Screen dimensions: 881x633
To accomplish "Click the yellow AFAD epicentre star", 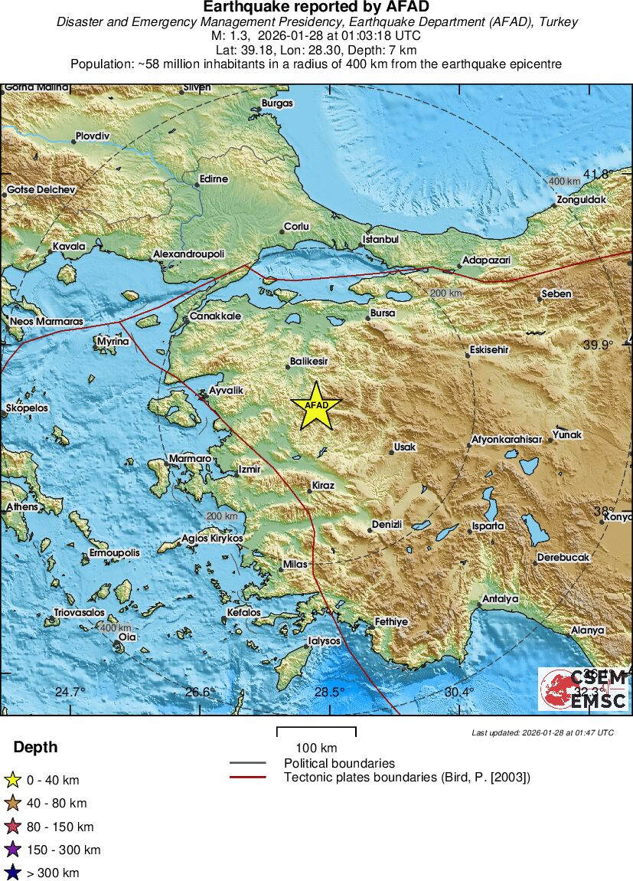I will (x=315, y=406).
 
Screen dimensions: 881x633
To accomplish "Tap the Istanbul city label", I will (x=381, y=239).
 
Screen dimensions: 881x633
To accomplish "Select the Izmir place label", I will (x=250, y=469).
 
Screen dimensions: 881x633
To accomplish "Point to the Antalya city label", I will (x=501, y=598).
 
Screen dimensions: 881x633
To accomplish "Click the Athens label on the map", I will (x=21, y=507).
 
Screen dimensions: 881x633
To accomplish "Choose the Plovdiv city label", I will (x=92, y=136).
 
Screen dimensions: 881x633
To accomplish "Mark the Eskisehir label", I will (x=489, y=350).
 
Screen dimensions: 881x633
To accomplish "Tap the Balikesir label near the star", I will (x=309, y=361).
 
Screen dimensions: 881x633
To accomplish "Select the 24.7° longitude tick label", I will (x=70, y=693).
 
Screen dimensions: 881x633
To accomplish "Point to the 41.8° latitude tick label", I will (x=595, y=175).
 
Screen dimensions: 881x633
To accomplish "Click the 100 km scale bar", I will (x=316, y=732).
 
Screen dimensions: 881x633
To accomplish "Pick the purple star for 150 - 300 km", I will (x=12, y=850).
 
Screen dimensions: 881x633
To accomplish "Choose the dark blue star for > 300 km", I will (x=12, y=873).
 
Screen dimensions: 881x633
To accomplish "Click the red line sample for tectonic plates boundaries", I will (x=247, y=777).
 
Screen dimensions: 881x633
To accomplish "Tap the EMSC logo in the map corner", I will (x=583, y=689).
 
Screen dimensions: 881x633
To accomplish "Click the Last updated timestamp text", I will (x=542, y=733).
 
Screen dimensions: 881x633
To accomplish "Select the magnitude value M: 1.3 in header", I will (x=229, y=36).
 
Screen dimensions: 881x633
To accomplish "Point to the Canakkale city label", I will (x=215, y=316).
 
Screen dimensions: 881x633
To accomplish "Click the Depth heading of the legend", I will (x=35, y=748).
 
